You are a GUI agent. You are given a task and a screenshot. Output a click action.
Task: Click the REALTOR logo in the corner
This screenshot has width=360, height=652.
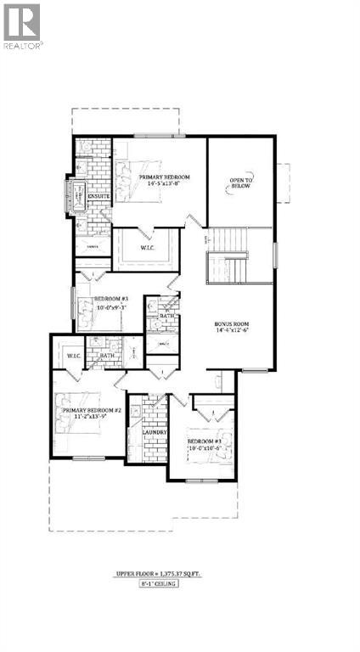tap(22, 25)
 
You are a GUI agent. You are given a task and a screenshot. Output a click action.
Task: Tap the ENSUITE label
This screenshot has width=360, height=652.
tap(87, 197)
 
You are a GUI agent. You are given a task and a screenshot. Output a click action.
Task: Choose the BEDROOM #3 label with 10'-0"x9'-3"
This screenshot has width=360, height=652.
tap(110, 303)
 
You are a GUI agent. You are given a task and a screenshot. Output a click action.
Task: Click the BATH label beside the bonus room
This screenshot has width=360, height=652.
tap(167, 317)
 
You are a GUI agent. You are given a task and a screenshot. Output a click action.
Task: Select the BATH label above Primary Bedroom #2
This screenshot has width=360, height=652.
tap(108, 357)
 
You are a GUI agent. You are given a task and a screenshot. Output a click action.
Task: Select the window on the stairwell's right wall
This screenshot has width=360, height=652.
tap(275, 255)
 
